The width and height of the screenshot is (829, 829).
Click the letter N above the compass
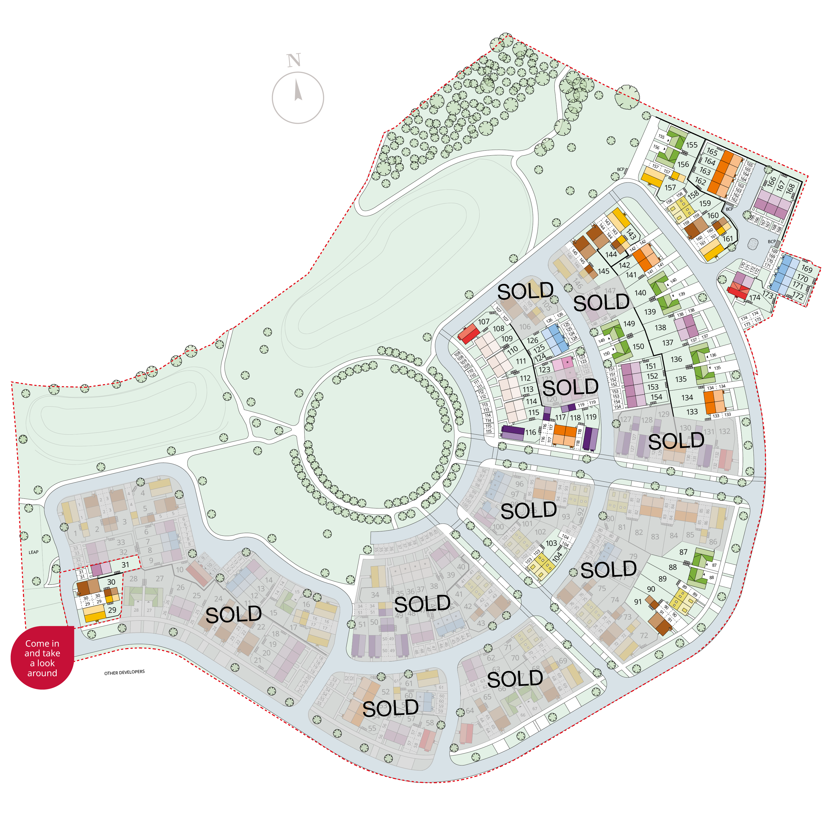click(x=294, y=61)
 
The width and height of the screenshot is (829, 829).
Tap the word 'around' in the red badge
click(x=42, y=673)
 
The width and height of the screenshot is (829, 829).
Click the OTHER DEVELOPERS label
click(x=124, y=672)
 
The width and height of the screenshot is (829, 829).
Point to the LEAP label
click(x=33, y=552)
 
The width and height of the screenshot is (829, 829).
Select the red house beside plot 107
click(x=469, y=334)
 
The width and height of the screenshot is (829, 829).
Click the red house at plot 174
click(x=738, y=292)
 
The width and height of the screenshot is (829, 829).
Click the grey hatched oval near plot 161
click(x=753, y=244)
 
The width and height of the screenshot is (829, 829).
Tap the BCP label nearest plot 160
click(x=730, y=209)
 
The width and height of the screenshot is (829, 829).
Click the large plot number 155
click(x=692, y=145)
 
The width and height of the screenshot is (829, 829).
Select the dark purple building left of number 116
click(x=513, y=432)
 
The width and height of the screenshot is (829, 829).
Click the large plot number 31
click(x=125, y=565)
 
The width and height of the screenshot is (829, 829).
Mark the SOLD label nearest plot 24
click(x=234, y=615)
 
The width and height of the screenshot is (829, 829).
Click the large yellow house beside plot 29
click(x=95, y=613)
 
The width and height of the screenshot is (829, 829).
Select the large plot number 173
click(x=768, y=295)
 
